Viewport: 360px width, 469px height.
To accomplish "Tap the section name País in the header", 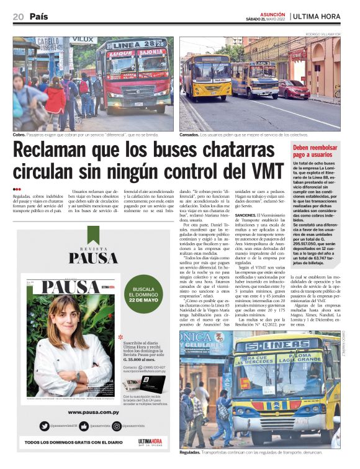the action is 38,17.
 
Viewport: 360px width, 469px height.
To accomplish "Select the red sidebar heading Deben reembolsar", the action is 315,147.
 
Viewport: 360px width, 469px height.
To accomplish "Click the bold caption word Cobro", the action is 20,135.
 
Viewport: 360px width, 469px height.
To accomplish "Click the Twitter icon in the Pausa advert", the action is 45,426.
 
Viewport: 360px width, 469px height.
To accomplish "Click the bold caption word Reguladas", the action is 191,452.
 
